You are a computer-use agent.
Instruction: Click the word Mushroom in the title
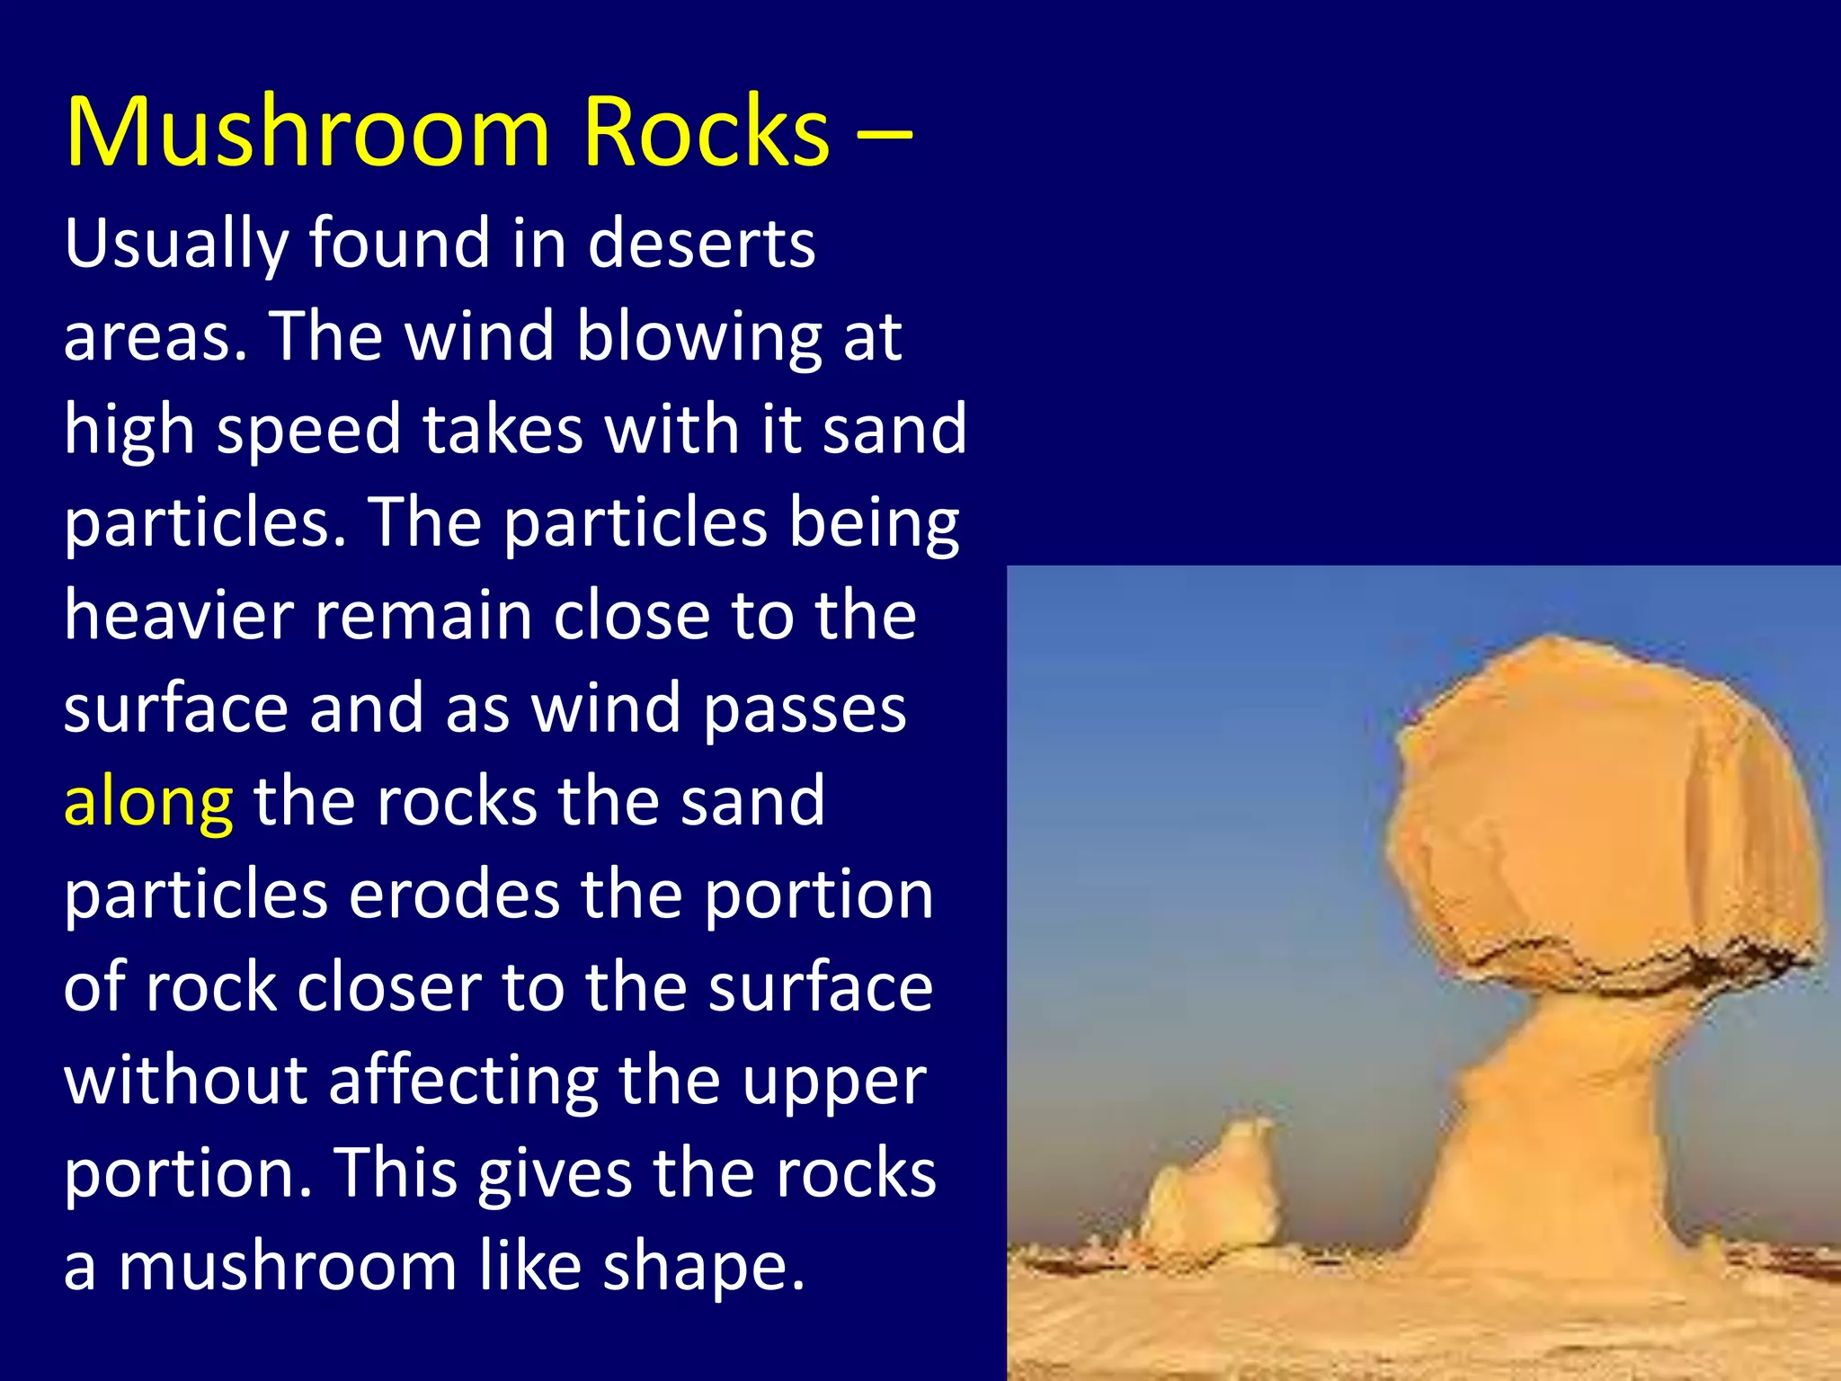pyautogui.click(x=307, y=133)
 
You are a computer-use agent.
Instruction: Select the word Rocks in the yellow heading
pyautogui.click(x=706, y=133)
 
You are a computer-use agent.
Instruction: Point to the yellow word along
pyautogui.click(x=148, y=802)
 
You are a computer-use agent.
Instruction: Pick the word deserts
pyautogui.click(x=701, y=245)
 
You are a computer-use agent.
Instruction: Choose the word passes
pyautogui.click(x=805, y=709)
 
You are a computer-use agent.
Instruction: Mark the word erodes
pyautogui.click(x=454, y=895)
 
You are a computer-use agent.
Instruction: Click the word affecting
pyautogui.click(x=463, y=1081)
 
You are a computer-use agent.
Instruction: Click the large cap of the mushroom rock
pyautogui.click(x=1600, y=809)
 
